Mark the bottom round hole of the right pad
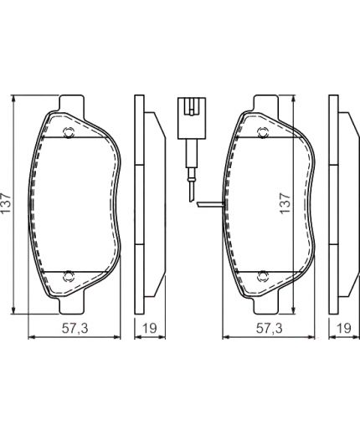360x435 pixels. point(263,272)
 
